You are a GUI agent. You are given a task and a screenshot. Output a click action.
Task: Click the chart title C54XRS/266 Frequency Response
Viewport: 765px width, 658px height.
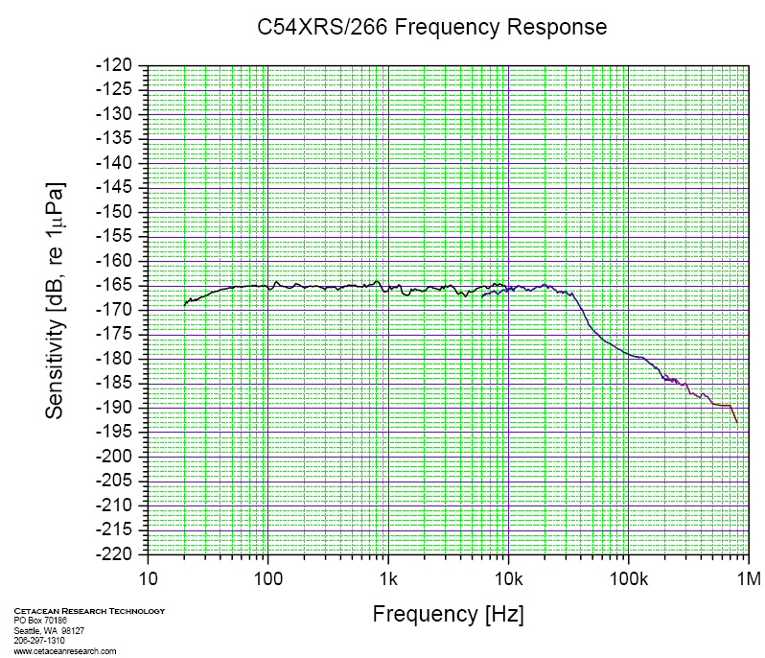[x=432, y=27]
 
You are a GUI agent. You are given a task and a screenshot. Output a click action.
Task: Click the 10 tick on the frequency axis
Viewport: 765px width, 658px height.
[x=148, y=578]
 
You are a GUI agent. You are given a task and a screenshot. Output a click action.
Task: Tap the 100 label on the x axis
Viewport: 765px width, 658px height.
[x=267, y=578]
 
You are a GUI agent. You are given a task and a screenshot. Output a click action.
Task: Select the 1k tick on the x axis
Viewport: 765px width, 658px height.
[x=388, y=578]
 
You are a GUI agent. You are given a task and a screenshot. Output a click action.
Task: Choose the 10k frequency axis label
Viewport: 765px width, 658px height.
[x=508, y=578]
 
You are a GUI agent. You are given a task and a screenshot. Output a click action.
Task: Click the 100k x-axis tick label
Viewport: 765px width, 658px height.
[x=628, y=578]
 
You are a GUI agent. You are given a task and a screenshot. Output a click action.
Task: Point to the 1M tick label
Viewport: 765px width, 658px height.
[x=748, y=578]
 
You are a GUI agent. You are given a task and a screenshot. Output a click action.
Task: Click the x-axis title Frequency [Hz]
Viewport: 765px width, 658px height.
[x=448, y=614]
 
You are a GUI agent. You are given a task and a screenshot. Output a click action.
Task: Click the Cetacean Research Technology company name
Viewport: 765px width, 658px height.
[x=89, y=611]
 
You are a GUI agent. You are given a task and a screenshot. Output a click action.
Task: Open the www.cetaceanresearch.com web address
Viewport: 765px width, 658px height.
[x=65, y=650]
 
